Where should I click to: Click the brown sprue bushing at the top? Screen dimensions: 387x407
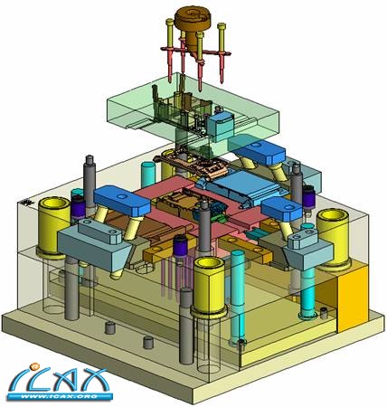tap(192, 25)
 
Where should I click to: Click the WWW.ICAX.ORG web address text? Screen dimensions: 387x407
tap(60, 396)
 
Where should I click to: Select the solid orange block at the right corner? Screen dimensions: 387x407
tap(353, 298)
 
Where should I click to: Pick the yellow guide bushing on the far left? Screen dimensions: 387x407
tap(53, 226)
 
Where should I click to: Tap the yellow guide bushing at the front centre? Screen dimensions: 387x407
tap(209, 287)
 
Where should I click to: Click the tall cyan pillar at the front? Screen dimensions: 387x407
tap(239, 297)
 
